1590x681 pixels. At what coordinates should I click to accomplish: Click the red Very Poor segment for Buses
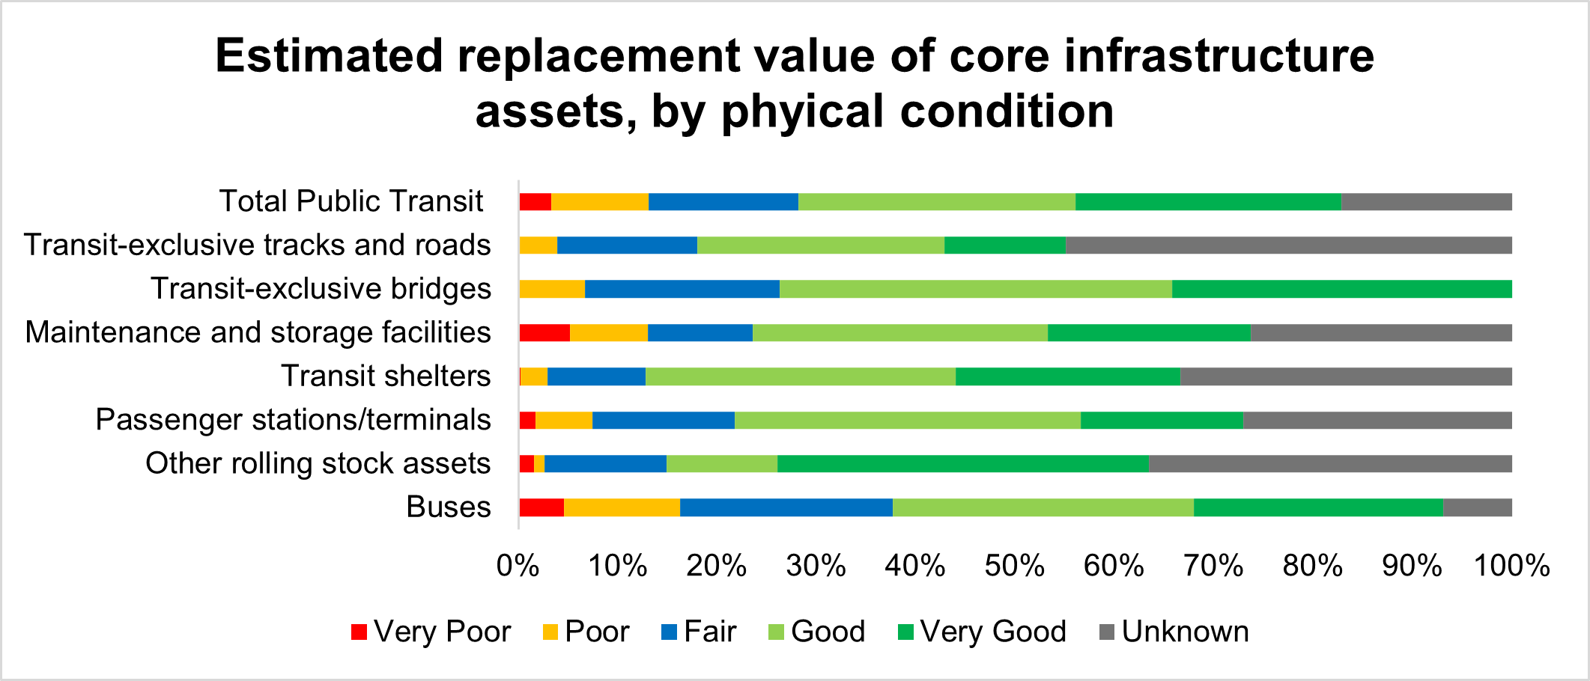[541, 507]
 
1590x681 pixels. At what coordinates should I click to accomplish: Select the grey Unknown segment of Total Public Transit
[1427, 202]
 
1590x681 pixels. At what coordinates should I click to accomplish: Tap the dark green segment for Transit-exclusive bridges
[1342, 289]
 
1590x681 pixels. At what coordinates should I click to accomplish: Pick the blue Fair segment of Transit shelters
[596, 376]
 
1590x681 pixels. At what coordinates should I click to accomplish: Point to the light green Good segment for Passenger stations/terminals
[908, 420]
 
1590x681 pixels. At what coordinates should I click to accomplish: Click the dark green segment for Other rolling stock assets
[963, 464]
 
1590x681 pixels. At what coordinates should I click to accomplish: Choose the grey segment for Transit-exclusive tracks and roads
[1289, 245]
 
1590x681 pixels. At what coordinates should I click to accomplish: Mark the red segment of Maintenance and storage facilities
[544, 333]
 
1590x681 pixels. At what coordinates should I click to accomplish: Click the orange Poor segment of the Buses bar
[622, 507]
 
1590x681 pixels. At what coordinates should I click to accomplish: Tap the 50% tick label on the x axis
[1015, 566]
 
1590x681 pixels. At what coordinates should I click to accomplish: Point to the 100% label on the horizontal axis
[1511, 566]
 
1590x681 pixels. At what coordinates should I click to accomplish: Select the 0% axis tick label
[518, 566]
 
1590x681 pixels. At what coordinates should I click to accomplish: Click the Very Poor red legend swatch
[359, 632]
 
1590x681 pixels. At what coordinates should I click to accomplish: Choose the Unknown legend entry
[1174, 632]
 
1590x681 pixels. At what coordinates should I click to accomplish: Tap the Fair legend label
[710, 632]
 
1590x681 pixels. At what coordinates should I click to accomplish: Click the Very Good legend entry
[982, 632]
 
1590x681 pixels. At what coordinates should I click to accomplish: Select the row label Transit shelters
[386, 376]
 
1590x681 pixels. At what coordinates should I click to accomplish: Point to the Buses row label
[449, 507]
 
